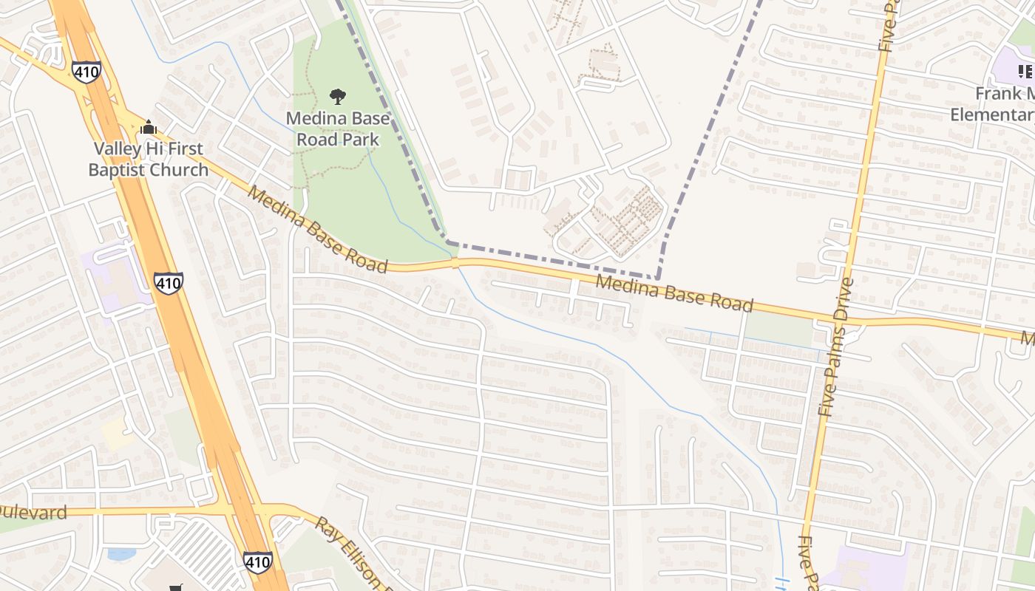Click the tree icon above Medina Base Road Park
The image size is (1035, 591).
338,96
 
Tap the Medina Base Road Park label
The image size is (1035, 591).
338,129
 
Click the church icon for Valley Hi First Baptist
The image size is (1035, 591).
149,127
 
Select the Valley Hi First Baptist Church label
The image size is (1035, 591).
149,159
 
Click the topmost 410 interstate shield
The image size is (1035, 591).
86,72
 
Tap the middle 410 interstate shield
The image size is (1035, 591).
169,283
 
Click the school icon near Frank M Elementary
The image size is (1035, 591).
1025,72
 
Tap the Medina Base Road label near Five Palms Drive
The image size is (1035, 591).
674,293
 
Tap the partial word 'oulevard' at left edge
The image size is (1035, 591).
33,513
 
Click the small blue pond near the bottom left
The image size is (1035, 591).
121,553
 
